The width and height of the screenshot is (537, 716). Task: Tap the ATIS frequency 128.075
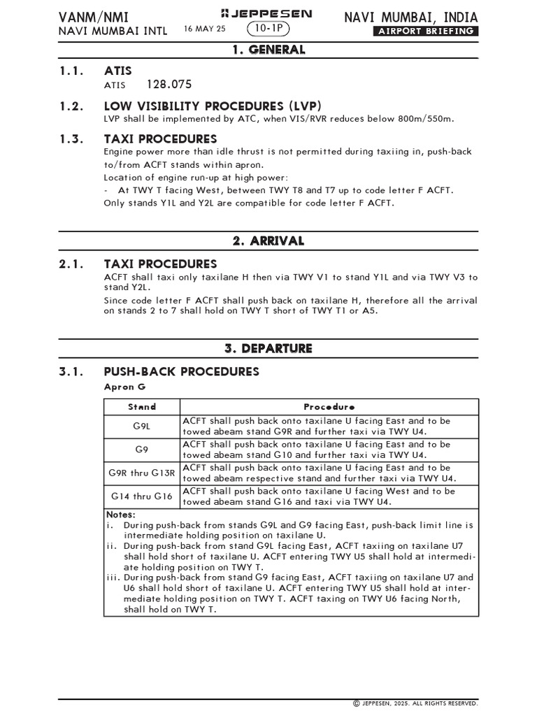(169, 85)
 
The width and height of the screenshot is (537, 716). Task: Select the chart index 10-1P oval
(268, 29)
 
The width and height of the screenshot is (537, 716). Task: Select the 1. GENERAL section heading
(268, 50)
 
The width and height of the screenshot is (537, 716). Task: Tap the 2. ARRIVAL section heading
(268, 241)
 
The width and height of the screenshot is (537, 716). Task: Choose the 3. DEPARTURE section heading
(268, 348)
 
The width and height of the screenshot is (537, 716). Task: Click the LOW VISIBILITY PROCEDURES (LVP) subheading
(213, 106)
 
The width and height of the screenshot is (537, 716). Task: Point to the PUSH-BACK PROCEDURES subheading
(181, 371)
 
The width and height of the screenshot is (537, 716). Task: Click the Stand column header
(142, 407)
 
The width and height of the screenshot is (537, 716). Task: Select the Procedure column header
(329, 407)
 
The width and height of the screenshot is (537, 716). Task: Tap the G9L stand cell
(142, 426)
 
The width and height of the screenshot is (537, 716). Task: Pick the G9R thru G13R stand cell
(142, 473)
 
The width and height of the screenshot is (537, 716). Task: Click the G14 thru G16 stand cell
(142, 496)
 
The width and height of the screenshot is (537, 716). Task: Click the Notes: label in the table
(121, 515)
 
